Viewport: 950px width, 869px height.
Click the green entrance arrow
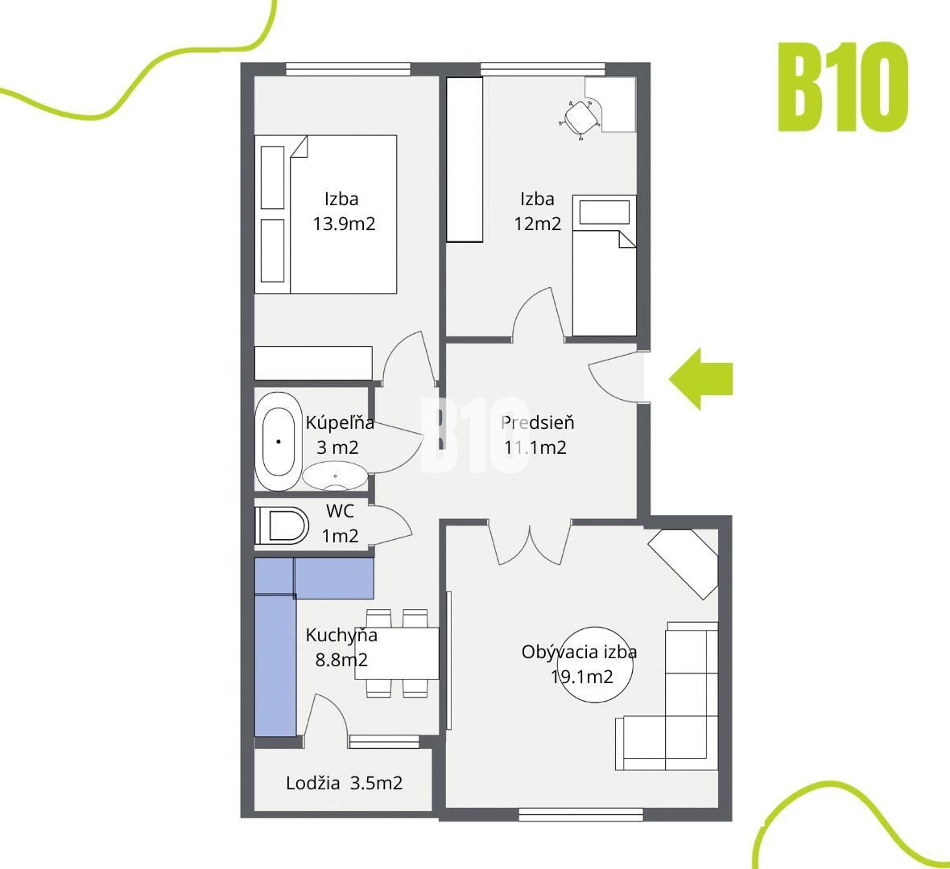click(700, 379)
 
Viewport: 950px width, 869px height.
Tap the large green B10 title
click(843, 87)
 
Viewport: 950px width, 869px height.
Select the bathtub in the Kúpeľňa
click(279, 441)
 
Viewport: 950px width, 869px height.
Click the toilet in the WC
click(282, 525)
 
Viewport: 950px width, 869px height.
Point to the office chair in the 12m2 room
click(580, 119)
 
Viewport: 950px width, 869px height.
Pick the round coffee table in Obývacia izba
click(595, 665)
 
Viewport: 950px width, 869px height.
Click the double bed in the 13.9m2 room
click(325, 214)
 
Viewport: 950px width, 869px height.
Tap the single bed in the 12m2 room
click(604, 266)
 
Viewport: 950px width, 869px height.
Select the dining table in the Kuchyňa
click(397, 653)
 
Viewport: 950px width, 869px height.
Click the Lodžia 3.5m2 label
click(344, 783)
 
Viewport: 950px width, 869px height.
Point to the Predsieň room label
click(538, 422)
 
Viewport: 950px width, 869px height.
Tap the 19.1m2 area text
click(581, 677)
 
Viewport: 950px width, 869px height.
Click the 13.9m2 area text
click(344, 224)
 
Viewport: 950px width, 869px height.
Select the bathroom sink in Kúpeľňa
click(335, 476)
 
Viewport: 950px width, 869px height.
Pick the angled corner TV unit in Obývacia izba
click(683, 564)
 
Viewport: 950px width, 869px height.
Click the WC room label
click(340, 511)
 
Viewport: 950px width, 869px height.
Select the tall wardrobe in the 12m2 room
click(465, 160)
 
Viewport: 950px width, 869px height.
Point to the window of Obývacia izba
click(581, 815)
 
